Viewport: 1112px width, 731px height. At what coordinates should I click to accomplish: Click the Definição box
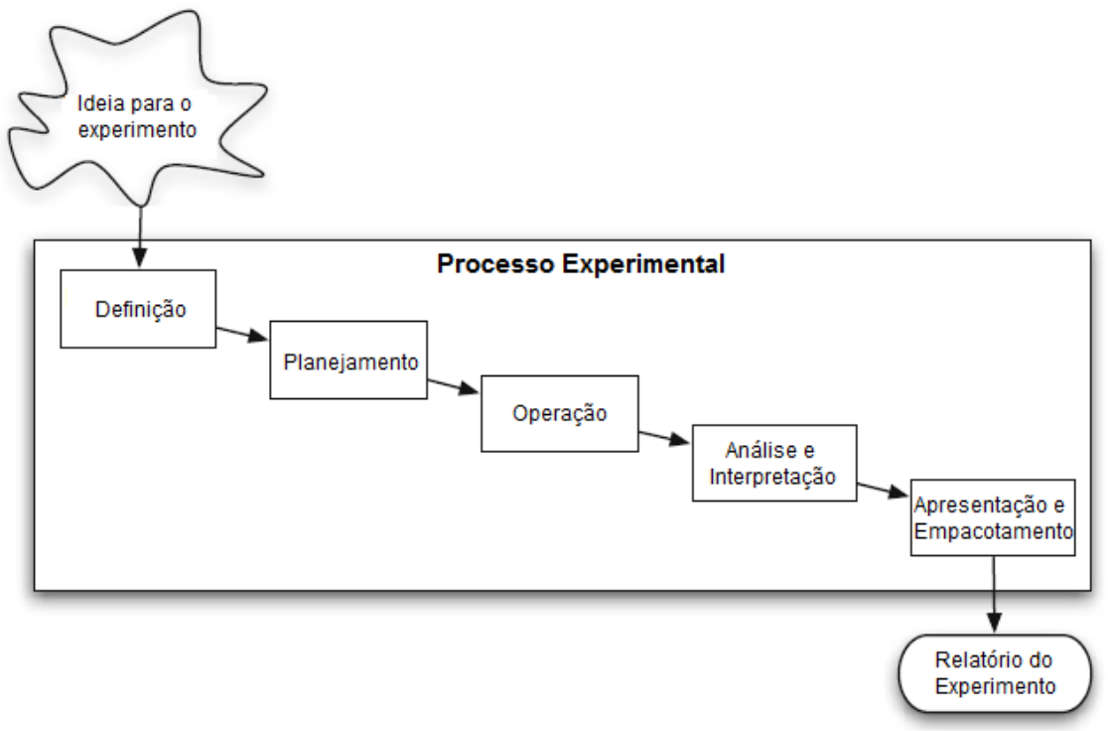click(x=138, y=308)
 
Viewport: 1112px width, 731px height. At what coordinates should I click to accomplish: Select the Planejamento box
click(x=349, y=361)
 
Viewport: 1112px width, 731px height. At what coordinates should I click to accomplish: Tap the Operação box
click(x=559, y=413)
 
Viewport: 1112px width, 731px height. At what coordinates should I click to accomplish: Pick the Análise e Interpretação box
click(x=773, y=463)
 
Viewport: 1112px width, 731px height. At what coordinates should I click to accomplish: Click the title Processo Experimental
click(x=581, y=265)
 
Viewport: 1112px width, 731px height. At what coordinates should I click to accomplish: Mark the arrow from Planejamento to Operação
click(x=454, y=386)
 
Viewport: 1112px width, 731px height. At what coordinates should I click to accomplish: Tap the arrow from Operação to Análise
click(x=664, y=438)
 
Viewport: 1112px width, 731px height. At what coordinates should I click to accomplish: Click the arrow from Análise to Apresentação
click(x=885, y=489)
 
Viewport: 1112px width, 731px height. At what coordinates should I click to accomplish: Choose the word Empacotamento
click(x=994, y=531)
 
